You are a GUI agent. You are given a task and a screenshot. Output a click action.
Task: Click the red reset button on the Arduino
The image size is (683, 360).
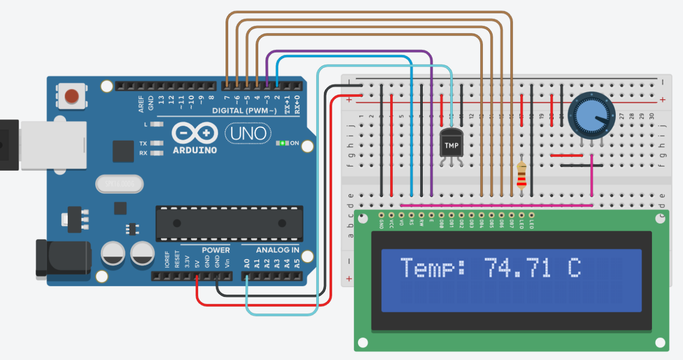point(71,96)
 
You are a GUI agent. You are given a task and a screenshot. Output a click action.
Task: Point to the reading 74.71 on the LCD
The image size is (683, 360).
point(517,268)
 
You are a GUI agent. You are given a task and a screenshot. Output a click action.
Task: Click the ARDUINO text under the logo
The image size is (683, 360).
point(194,150)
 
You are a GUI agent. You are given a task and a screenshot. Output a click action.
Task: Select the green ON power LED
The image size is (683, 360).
point(283,143)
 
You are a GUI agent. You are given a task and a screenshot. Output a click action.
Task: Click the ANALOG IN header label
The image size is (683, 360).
point(278,250)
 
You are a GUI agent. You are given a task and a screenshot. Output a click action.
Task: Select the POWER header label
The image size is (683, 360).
point(216,250)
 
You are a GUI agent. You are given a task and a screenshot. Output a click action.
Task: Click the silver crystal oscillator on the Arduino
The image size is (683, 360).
point(120,184)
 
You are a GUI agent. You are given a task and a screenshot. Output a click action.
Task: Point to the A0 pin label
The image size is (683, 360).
point(247,262)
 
